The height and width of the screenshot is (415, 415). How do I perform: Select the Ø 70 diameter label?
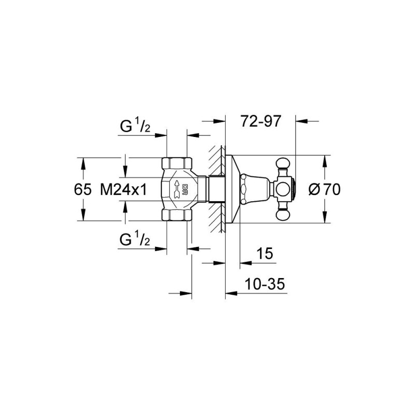pyautogui.click(x=324, y=190)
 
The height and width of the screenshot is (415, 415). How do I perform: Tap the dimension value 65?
pyautogui.click(x=83, y=190)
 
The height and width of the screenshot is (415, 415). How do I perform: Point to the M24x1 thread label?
pyautogui.click(x=122, y=190)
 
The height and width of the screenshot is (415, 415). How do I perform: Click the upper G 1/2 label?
pyautogui.click(x=134, y=126)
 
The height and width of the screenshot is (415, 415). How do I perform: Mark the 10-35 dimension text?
pyautogui.click(x=265, y=285)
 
